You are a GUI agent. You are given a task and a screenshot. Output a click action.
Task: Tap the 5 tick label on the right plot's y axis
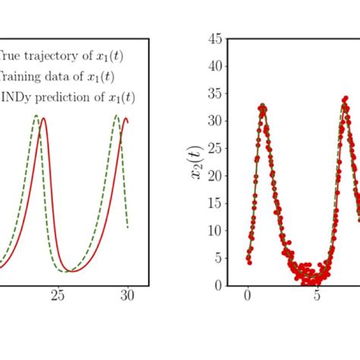[x=218, y=258]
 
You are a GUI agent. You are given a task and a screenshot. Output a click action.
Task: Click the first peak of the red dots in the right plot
[x=263, y=106]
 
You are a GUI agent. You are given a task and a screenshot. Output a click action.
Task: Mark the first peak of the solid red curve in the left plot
[x=45, y=118]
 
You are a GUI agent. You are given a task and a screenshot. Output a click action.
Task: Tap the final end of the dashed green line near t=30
[x=128, y=227]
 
